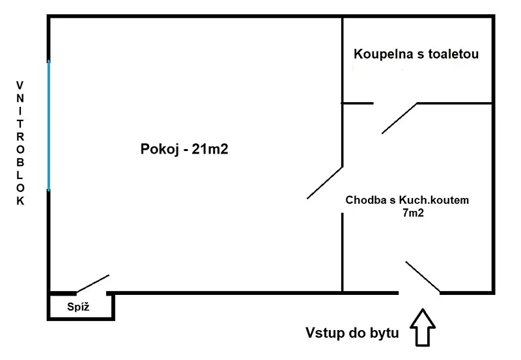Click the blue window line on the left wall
coord(49,126)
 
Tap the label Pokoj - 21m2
coord(184,149)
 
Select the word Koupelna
coord(384,55)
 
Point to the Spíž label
coord(78,307)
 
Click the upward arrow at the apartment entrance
coord(423,327)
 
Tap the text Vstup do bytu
coord(352,333)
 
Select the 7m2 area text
coord(414,212)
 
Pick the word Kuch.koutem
coord(434,200)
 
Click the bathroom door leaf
coord(399,118)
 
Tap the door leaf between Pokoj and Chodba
coord(324,183)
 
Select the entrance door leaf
coord(423,277)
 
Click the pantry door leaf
coord(92,283)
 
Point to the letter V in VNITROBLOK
coord(20,85)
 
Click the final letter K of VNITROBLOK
coord(20,201)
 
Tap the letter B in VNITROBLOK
coord(20,162)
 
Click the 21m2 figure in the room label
coord(210,149)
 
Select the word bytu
coord(386,333)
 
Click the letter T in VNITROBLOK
coord(20,124)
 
